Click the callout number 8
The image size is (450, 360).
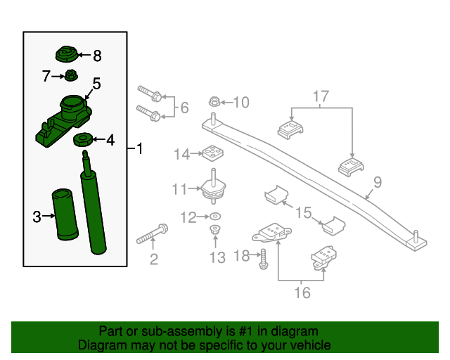[x=97, y=55]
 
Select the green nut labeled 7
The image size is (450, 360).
[x=72, y=75]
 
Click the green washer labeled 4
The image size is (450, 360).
[x=84, y=140]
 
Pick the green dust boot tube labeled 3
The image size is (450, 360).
[x=61, y=215]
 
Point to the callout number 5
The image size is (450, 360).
[x=96, y=84]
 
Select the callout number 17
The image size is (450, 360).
[x=321, y=95]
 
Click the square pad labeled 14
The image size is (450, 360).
[x=212, y=153]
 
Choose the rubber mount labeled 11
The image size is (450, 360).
[x=213, y=188]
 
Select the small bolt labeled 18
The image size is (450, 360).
[x=264, y=258]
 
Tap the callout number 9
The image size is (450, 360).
[x=378, y=183]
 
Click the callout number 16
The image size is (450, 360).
[x=302, y=292]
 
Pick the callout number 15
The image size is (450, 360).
[x=302, y=212]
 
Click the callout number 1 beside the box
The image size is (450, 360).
[x=139, y=149]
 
